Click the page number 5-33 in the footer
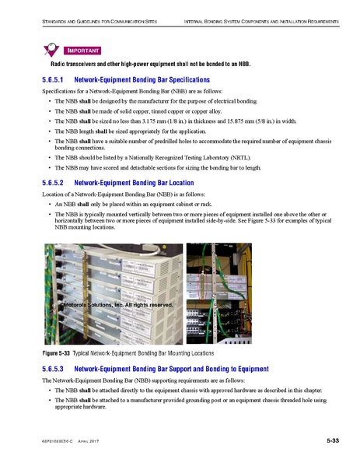point(332,441)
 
